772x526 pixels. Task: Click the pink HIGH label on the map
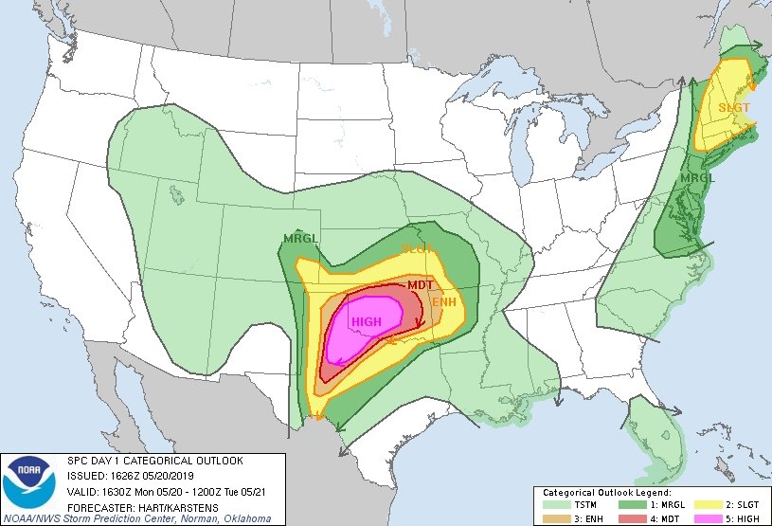(366, 322)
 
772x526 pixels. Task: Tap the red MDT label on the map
(420, 284)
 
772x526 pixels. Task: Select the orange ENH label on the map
(444, 302)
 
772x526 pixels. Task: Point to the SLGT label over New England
(733, 108)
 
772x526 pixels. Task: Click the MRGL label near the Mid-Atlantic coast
(698, 178)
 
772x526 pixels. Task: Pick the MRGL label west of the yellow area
(300, 238)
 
